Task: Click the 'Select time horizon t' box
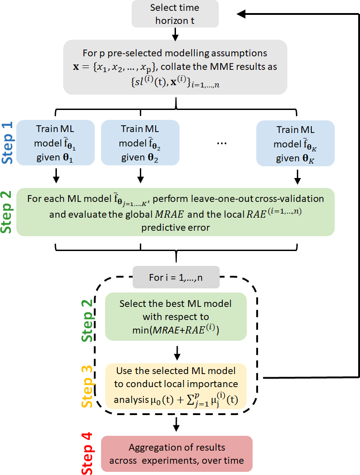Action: tap(175, 14)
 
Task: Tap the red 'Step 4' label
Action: tap(89, 453)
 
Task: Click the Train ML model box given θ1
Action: tap(55, 142)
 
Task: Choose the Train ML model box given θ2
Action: tap(140, 142)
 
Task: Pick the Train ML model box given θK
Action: tap(295, 142)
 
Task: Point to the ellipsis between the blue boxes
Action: tap(222, 142)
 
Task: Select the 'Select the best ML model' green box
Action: tap(175, 316)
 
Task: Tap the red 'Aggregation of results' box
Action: tap(176, 453)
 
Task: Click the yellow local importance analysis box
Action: tap(175, 386)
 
